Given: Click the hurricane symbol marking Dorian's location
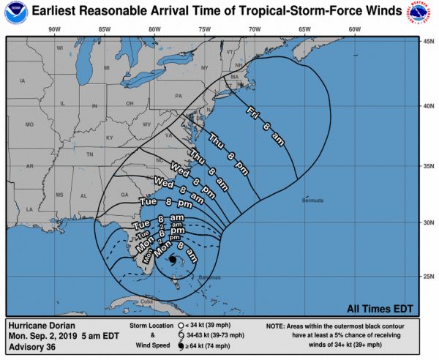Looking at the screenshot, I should tap(171, 260).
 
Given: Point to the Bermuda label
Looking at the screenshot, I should tap(314, 200).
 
